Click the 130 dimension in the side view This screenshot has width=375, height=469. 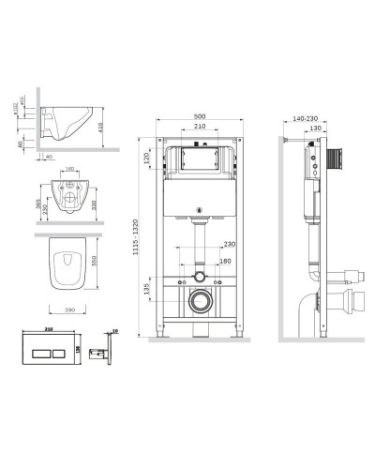[x=317, y=129]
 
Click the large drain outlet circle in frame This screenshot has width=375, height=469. [x=199, y=301]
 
